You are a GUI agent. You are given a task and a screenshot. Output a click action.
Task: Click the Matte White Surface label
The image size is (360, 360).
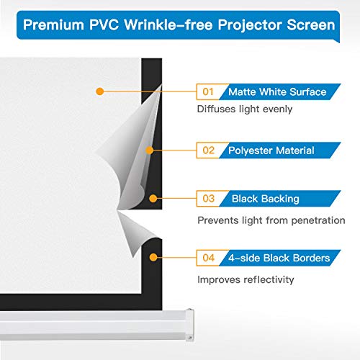click(276, 91)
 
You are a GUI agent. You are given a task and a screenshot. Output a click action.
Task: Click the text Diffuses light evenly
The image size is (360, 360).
click(244, 111)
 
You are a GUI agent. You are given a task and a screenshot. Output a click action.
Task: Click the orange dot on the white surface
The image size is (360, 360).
click(100, 91)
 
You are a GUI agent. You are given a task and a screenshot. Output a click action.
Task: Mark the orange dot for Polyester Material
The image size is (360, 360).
click(150, 150)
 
